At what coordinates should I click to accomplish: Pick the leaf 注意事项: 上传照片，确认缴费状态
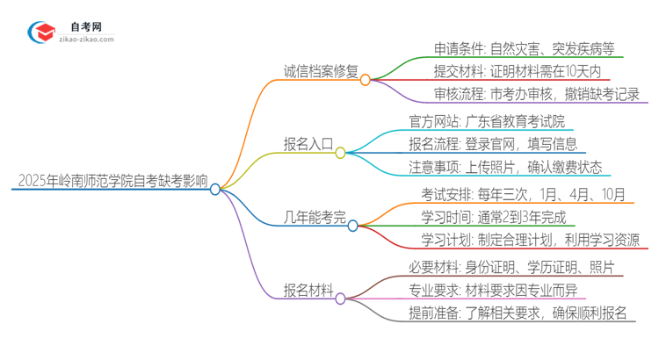tap(505, 168)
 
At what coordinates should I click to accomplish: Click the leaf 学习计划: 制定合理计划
tap(525, 241)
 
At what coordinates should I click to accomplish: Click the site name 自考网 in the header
tap(84, 26)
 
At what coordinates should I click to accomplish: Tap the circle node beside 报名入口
tap(340, 153)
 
